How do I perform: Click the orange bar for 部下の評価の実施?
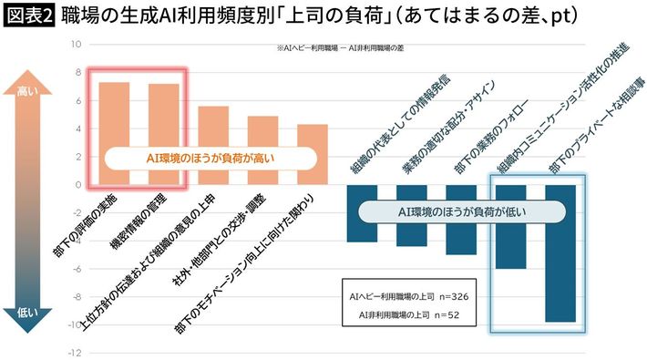pos(114,133)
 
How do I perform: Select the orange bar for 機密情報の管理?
pos(164,134)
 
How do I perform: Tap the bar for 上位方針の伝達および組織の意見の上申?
pos(213,145)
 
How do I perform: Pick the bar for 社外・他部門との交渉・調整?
pos(262,150)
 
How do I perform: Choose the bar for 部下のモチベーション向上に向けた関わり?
pos(313,154)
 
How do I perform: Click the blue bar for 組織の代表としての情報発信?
pos(362,213)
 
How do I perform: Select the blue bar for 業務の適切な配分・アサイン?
pos(412,215)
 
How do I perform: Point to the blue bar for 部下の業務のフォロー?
pos(461,220)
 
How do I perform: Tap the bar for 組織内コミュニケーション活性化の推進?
pos(511,227)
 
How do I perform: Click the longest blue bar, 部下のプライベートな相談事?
pos(560,253)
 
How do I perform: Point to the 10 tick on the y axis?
pos(76,44)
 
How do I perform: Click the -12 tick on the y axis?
pos(75,353)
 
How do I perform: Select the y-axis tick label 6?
pos(78,101)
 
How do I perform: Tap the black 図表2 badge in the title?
pos(29,16)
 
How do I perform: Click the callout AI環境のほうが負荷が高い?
pos(211,158)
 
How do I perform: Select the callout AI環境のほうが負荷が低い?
pos(462,212)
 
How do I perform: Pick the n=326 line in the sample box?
pos(409,296)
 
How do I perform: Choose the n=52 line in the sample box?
pos(409,315)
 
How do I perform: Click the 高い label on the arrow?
pos(27,91)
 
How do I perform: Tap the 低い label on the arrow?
pos(27,313)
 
